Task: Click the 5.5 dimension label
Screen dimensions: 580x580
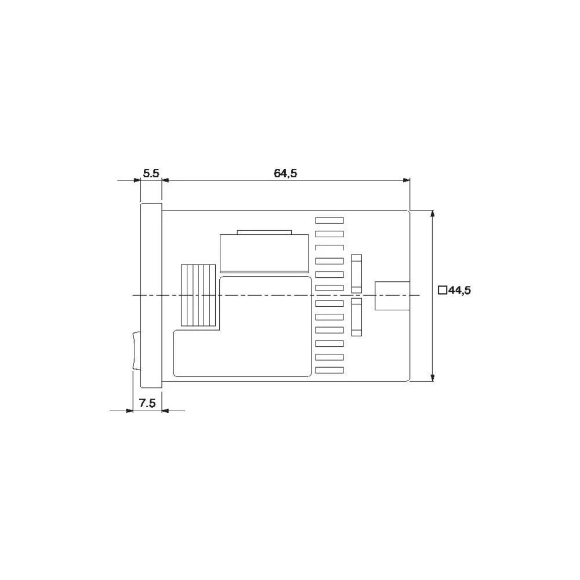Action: tap(151, 173)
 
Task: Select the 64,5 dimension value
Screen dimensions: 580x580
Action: tap(285, 173)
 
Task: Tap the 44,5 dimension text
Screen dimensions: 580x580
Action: tap(459, 291)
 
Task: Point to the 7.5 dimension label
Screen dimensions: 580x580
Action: tap(148, 403)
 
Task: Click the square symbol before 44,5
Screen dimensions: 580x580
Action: tap(442, 291)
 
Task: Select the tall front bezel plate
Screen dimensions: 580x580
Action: tap(151, 295)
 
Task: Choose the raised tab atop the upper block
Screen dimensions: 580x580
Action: tap(263, 233)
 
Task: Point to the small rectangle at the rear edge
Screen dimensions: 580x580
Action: tap(393, 296)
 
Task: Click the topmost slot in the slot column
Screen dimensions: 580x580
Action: tap(329, 220)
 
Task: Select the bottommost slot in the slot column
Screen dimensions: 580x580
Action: tap(329, 370)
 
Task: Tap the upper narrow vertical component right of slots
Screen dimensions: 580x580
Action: tap(356, 273)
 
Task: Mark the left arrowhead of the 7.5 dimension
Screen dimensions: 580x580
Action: tap(130, 411)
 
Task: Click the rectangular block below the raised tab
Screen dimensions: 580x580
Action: tap(263, 253)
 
